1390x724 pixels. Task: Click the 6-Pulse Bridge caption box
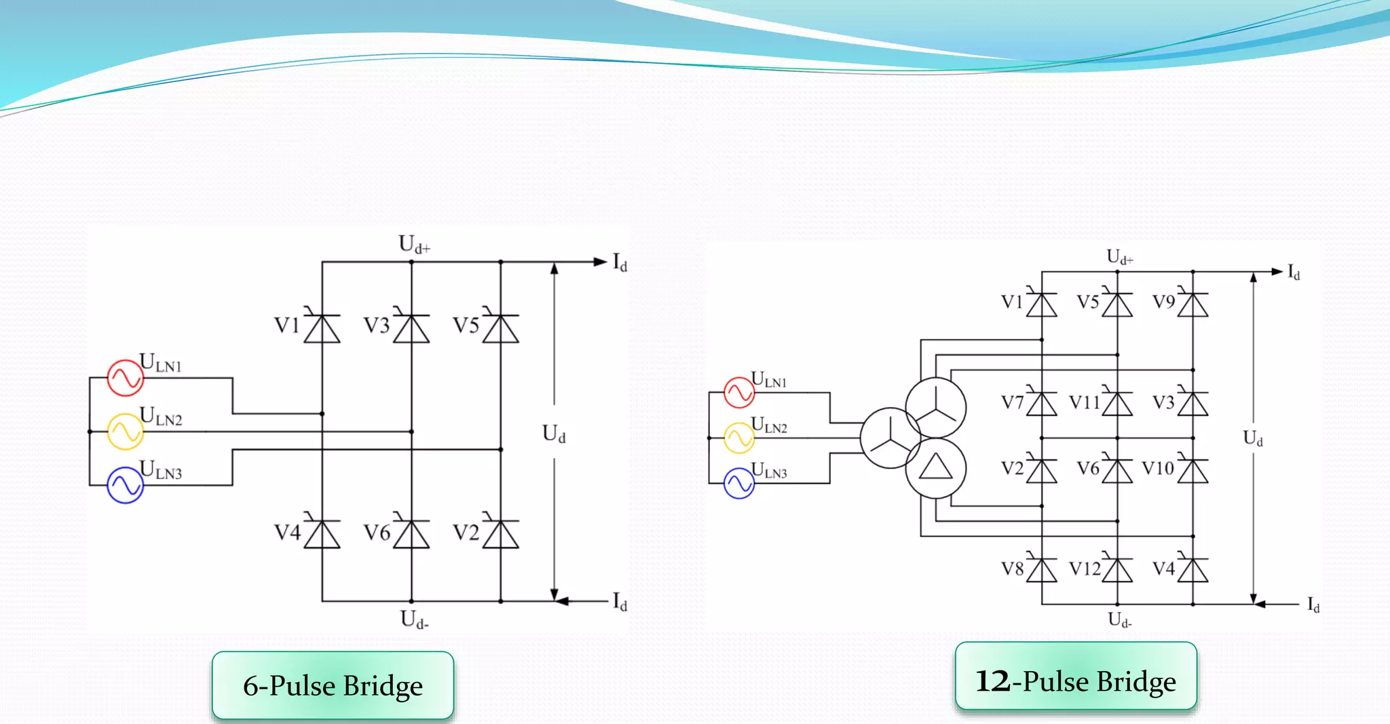[333, 685]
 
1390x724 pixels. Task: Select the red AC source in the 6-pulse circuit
[125, 378]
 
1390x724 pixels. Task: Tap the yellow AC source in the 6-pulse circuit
[125, 432]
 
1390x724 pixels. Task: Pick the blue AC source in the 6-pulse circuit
[125, 485]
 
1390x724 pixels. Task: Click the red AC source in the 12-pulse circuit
[739, 392]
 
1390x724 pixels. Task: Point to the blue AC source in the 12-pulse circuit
[739, 483]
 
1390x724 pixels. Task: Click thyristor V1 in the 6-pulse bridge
[322, 328]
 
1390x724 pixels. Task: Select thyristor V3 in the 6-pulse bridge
[411, 328]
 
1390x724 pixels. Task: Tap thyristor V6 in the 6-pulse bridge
[411, 534]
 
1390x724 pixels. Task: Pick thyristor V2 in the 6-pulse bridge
[501, 534]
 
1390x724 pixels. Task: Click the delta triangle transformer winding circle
[935, 468]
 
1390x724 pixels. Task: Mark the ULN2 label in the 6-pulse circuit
[162, 416]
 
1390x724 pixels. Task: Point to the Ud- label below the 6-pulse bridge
[414, 620]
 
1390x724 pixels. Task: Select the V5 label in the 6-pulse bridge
[466, 326]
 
